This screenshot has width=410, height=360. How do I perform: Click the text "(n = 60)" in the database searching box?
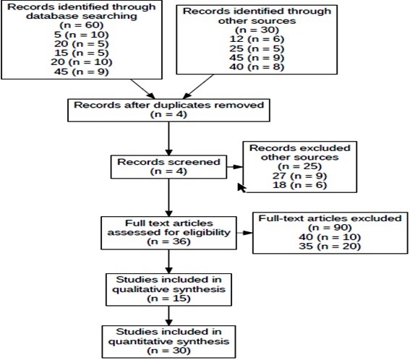coord(82,25)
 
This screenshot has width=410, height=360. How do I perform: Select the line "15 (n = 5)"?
coord(82,53)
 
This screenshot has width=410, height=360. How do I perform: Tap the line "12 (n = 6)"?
coord(257,39)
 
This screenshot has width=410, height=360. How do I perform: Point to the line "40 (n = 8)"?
coord(257,67)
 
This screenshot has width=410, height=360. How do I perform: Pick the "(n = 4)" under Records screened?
coord(168,171)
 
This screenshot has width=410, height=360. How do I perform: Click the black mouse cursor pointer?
coord(242,187)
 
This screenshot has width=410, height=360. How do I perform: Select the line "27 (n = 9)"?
coord(299,176)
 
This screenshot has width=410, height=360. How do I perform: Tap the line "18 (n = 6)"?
coord(299,185)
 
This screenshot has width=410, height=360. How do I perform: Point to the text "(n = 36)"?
coord(168,241)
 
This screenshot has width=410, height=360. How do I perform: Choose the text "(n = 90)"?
coord(330,228)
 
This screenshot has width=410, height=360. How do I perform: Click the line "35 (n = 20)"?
coord(330,247)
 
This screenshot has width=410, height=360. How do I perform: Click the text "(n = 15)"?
coord(168,299)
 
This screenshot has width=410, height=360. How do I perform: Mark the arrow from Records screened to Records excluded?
coord(235,167)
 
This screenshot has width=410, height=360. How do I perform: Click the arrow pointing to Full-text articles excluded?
coord(244,233)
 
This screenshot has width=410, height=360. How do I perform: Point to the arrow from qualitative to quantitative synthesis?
coord(169,316)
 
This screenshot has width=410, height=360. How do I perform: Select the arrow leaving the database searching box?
coord(142,89)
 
